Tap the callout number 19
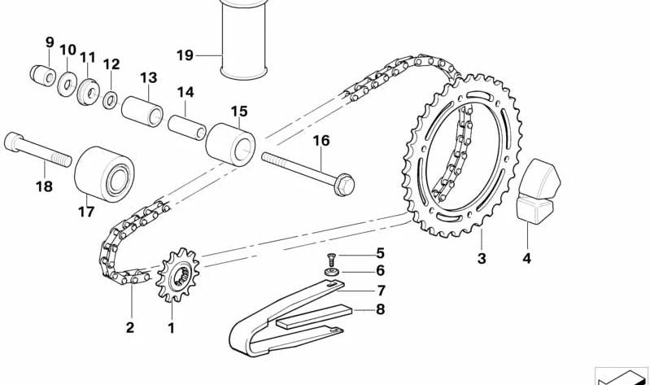coord(185,55)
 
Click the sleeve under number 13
coord(142,112)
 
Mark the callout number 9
coord(50,42)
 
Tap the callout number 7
coord(380,290)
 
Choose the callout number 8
coord(380,308)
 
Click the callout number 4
coord(526,260)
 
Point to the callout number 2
coord(130,327)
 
